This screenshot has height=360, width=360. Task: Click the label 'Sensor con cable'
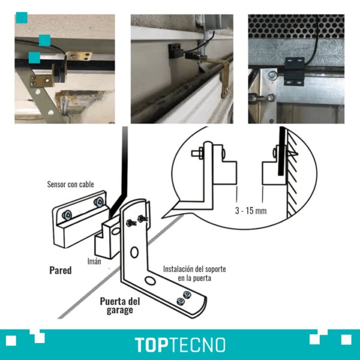[x=70, y=184]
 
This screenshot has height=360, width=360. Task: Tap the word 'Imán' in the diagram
[x=94, y=261]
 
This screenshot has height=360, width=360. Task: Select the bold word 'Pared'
[x=61, y=270]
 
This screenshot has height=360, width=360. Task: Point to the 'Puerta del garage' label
[x=120, y=305]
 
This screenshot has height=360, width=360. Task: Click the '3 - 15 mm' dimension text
[x=251, y=211]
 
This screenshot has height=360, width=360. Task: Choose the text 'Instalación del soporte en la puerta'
[x=194, y=274]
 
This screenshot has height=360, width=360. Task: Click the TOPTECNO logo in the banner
[x=180, y=344]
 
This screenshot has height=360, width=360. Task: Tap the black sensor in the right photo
[x=294, y=71]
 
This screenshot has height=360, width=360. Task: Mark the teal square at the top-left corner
[x=22, y=17]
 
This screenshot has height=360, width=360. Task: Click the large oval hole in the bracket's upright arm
[x=134, y=253]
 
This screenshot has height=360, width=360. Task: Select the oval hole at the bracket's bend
[x=151, y=280]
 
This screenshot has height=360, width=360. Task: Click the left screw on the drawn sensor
[x=67, y=215]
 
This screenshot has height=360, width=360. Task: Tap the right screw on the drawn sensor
[x=99, y=202]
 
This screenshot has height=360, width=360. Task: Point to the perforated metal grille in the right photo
[x=296, y=26]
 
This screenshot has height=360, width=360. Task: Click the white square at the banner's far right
[x=346, y=340]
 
